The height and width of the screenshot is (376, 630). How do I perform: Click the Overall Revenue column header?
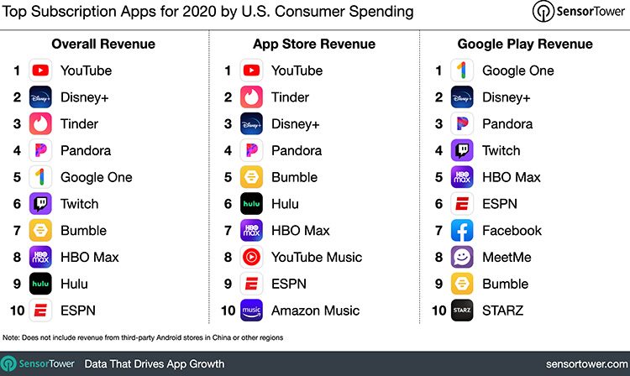click(x=103, y=44)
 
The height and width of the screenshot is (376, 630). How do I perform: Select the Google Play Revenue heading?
click(x=525, y=44)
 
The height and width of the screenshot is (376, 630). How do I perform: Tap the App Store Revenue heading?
click(x=313, y=44)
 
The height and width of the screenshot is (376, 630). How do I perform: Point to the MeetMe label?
click(x=507, y=257)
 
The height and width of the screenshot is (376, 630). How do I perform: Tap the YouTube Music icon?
click(x=252, y=257)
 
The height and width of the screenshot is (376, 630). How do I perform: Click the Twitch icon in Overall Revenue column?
click(x=41, y=204)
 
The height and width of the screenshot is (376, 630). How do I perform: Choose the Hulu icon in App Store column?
click(x=252, y=204)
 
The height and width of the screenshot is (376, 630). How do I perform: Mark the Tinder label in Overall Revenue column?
click(x=79, y=123)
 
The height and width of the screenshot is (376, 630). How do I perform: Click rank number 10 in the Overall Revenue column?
click(x=16, y=311)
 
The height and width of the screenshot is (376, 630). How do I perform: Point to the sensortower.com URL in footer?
click(x=581, y=363)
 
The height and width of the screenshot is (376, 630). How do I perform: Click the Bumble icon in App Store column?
click(x=252, y=177)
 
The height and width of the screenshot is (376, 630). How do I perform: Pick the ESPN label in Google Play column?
click(x=501, y=204)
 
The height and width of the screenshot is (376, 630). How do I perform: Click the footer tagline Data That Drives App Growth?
click(x=155, y=363)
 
